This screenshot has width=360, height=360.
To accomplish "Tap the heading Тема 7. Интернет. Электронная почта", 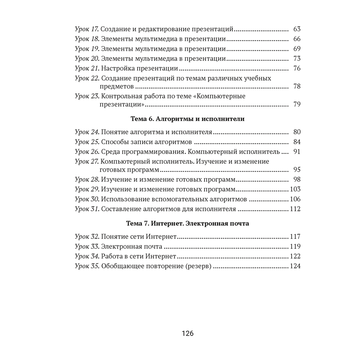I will (x=188, y=224).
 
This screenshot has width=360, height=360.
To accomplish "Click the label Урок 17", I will (x=86, y=29).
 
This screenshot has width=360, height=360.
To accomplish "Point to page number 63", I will (x=297, y=29).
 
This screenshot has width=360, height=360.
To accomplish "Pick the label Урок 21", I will (x=86, y=68).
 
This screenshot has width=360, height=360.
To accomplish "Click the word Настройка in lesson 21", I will (x=116, y=68).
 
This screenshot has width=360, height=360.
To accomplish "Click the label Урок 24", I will (x=86, y=132).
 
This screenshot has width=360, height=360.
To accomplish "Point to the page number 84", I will (x=297, y=142).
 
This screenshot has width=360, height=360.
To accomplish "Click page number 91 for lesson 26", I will (x=297, y=152).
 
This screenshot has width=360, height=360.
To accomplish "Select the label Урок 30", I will (x=86, y=199).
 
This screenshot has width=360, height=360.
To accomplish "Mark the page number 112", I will (x=295, y=209).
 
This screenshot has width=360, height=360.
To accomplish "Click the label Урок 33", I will (x=86, y=247).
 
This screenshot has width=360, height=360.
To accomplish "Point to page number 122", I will (x=295, y=256).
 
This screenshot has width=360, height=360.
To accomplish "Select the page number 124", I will (x=295, y=266).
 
